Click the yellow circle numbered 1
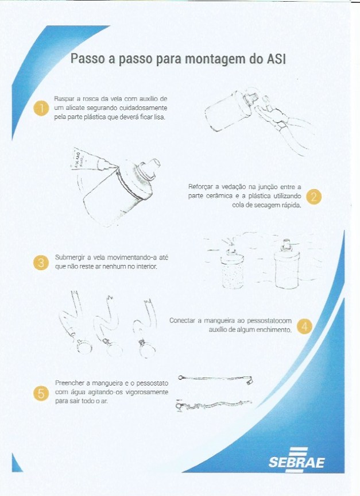pyautogui.click(x=40, y=108)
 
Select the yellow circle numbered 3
pyautogui.click(x=40, y=262)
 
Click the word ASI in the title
pyautogui.click(x=276, y=59)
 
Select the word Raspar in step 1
pyautogui.click(x=64, y=99)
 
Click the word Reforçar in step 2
pyautogui.click(x=200, y=186)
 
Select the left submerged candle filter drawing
pyautogui.click(x=232, y=267)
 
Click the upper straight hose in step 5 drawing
pyautogui.click(x=216, y=378)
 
